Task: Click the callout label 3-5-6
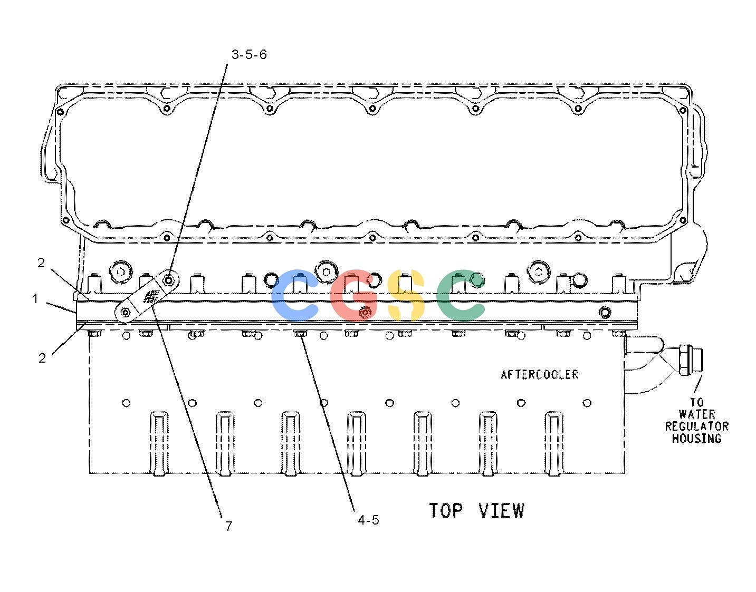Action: tap(249, 55)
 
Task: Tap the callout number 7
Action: tap(228, 526)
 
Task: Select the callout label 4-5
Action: tap(368, 520)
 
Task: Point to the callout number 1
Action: tap(35, 298)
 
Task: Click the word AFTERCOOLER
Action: tap(540, 374)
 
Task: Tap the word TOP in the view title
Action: tap(446, 511)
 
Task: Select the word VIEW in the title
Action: tap(501, 511)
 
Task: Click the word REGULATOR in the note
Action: tap(697, 426)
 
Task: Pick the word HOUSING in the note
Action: tap(697, 439)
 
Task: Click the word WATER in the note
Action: tap(697, 414)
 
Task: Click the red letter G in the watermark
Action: tap(353, 295)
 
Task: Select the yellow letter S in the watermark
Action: tap(406, 295)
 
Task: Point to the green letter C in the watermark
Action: tap(460, 295)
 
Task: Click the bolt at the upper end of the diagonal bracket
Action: tap(168, 280)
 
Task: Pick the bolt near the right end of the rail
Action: tap(605, 312)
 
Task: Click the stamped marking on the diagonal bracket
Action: tap(152, 296)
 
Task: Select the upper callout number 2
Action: tap(41, 263)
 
